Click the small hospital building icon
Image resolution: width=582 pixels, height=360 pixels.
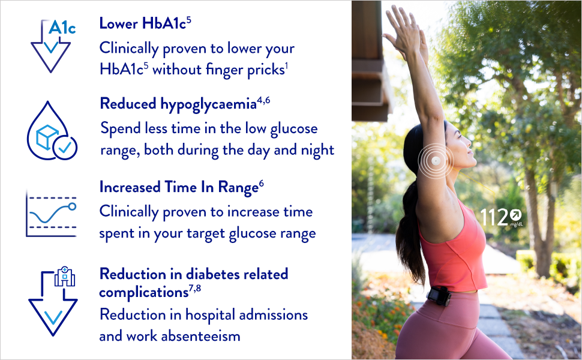pos(65,277)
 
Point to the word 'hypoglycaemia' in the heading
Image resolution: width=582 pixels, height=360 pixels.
pos(208,104)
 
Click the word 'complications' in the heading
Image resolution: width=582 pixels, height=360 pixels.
pos(143,292)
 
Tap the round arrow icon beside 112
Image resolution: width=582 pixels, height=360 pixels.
pos(515,215)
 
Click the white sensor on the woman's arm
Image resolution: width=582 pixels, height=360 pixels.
pos(436,161)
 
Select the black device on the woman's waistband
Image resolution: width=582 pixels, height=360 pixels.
pos(439,296)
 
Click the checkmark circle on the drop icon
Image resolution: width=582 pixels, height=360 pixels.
pos(65,148)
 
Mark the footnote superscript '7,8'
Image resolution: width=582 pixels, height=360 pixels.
pos(195,289)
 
